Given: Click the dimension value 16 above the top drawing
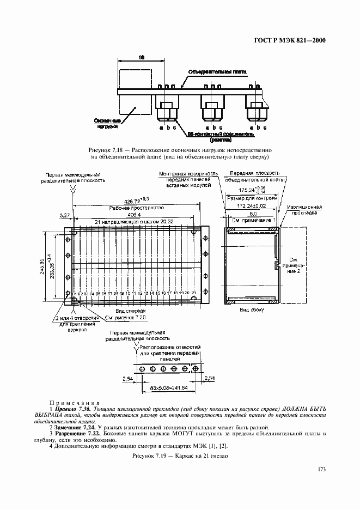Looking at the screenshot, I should click(x=141, y=57).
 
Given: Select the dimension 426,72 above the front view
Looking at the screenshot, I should click(x=137, y=200).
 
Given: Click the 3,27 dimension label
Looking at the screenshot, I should click(x=64, y=215).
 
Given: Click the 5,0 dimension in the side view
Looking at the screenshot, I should click(x=254, y=214).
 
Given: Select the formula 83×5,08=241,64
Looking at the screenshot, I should click(x=168, y=388).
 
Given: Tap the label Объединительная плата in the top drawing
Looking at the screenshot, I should click(x=217, y=71).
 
